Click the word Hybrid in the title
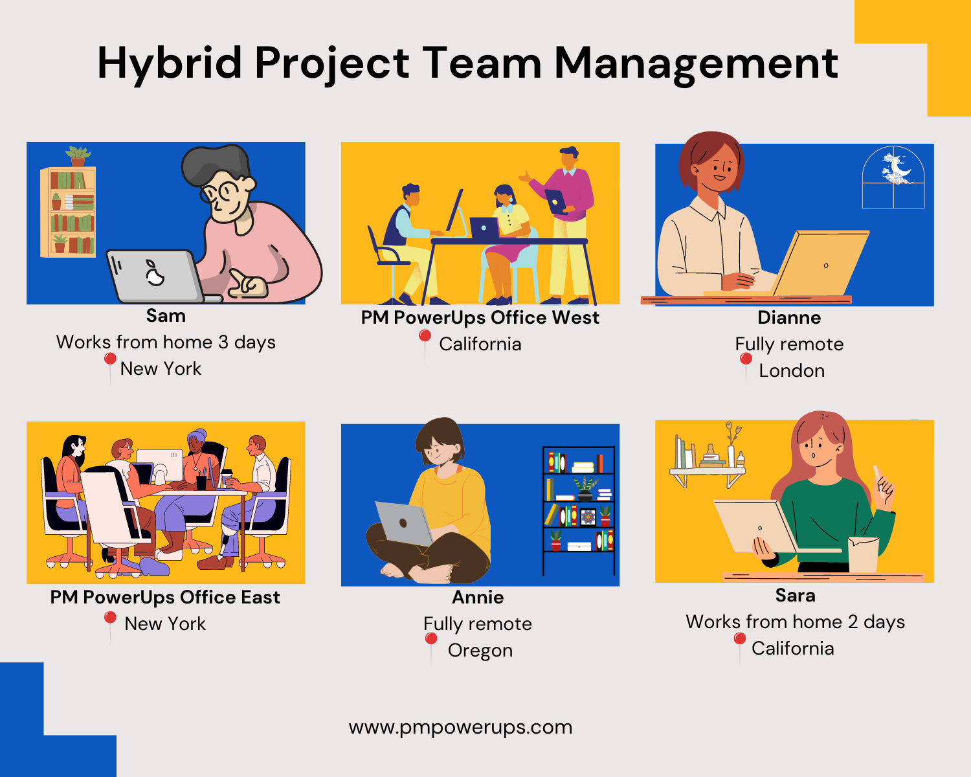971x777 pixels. pyautogui.click(x=170, y=63)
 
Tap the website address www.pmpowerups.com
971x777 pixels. pyautogui.click(x=460, y=727)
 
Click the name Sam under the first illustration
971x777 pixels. pyautogui.click(x=166, y=316)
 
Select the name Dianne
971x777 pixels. pyautogui.click(x=789, y=318)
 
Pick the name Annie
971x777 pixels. pyautogui.click(x=478, y=597)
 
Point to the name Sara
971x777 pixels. pyautogui.click(x=795, y=595)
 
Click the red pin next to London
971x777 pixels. pyautogui.click(x=746, y=359)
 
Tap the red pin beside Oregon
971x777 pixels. pyautogui.click(x=430, y=640)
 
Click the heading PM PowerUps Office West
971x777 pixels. pyautogui.click(x=480, y=318)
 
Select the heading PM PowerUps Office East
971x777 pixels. pyautogui.click(x=165, y=597)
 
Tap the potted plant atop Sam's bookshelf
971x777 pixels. pyautogui.click(x=78, y=156)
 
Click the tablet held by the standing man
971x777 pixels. pyautogui.click(x=556, y=201)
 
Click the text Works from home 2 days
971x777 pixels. pyautogui.click(x=795, y=622)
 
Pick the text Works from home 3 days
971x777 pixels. pyautogui.click(x=166, y=342)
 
